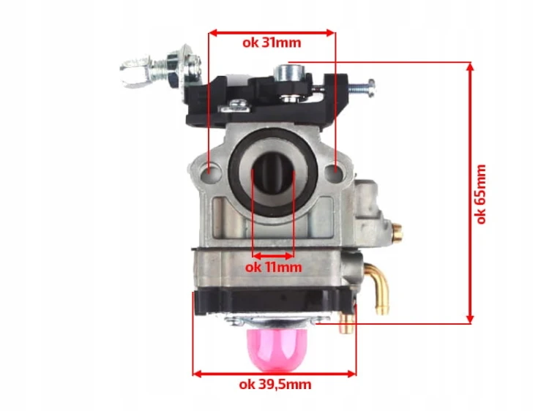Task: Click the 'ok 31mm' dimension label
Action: [272, 42]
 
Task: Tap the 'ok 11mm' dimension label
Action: [274, 268]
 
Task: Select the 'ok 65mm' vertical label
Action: [482, 194]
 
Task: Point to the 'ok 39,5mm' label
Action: [275, 385]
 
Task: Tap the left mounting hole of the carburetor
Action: [209, 171]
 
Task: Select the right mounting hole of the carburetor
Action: [335, 171]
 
